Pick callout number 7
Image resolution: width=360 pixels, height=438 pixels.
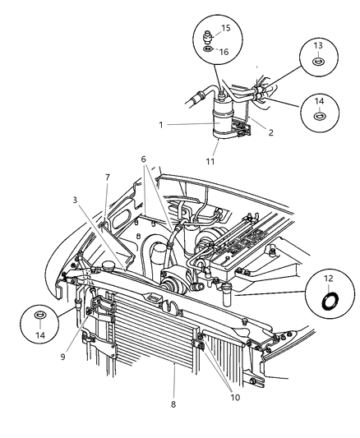[x=106, y=177]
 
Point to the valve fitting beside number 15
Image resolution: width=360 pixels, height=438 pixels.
[x=210, y=38]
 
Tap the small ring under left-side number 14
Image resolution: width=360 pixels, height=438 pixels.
[x=40, y=316]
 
